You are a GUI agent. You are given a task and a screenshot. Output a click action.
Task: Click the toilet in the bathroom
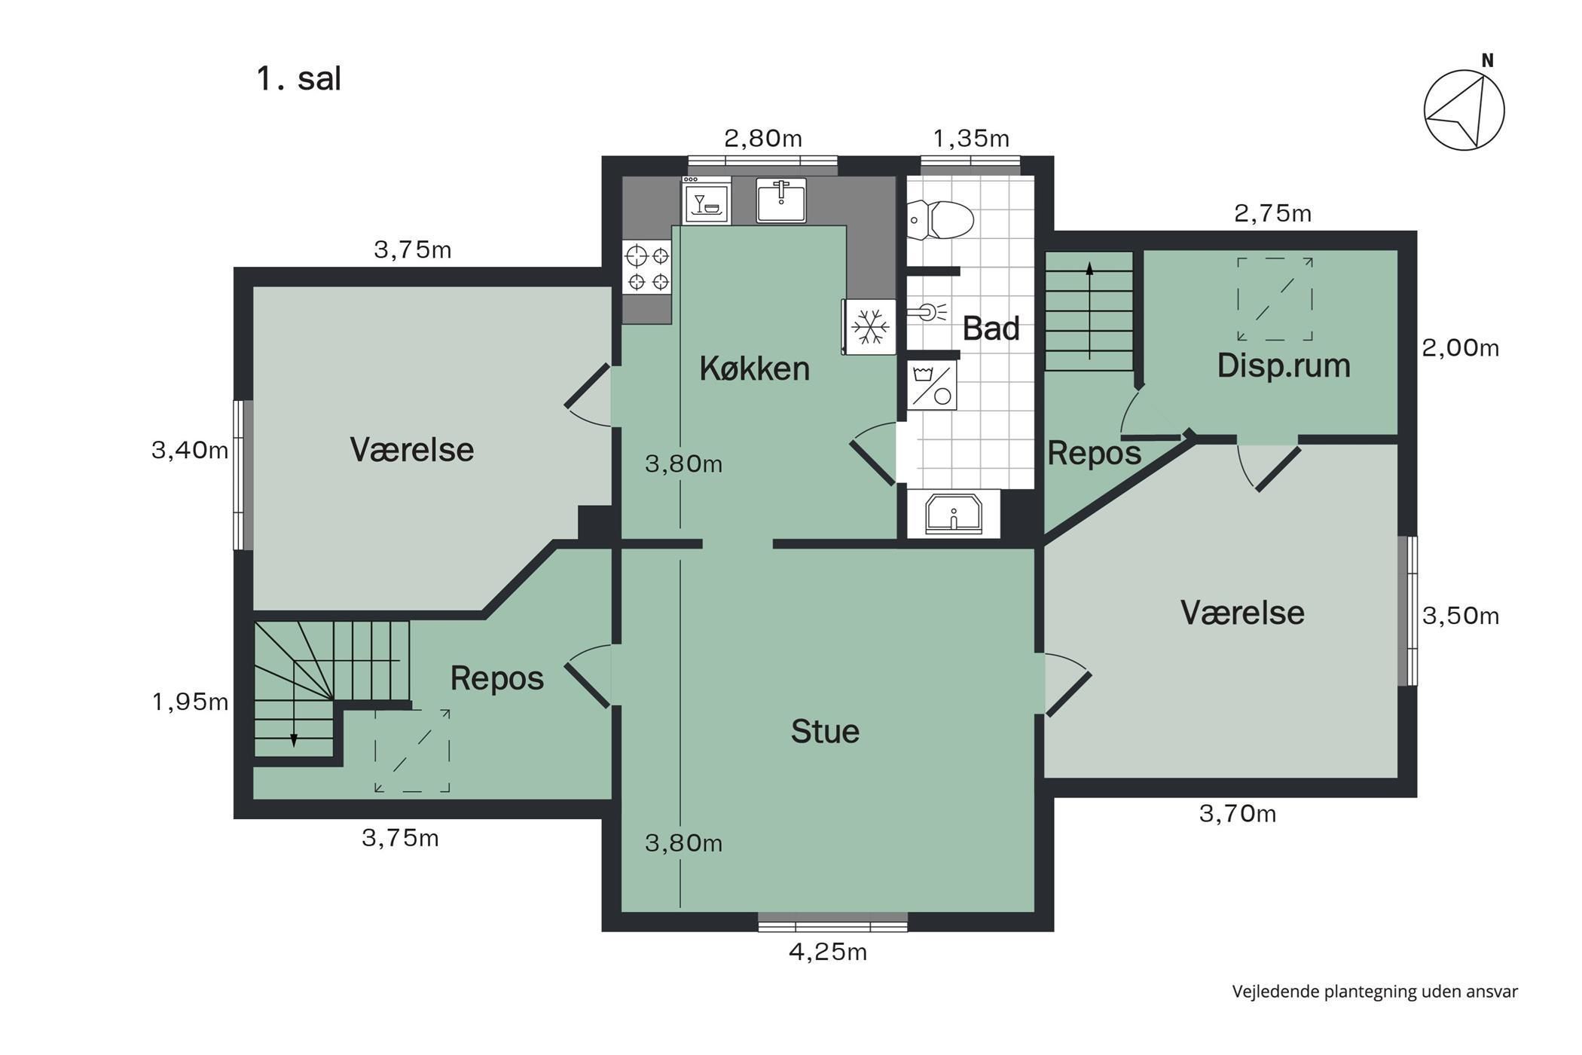pos(940,220)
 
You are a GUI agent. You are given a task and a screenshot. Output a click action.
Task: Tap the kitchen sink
pos(781,200)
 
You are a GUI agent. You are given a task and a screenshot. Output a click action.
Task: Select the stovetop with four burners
pos(648,268)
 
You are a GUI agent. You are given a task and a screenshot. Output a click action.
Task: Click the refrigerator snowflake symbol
pos(870,327)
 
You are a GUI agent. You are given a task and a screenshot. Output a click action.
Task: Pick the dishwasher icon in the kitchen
pos(707,201)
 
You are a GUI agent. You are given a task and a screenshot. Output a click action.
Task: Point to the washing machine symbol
pos(932,385)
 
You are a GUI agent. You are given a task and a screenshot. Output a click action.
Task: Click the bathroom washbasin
pos(954,513)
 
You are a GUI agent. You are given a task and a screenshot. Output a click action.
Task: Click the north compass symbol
pos(1464,108)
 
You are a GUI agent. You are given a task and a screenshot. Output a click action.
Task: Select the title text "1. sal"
pos(299,78)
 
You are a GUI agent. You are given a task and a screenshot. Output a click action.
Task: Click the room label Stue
pos(825,731)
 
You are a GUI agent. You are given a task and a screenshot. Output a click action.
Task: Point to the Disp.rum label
pos(1284,365)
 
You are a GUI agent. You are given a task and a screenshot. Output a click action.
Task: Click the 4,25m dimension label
pos(828,952)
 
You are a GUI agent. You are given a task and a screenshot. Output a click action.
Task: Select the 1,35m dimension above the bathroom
pos(971,139)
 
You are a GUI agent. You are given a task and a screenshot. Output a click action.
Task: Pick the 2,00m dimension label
pos(1460,348)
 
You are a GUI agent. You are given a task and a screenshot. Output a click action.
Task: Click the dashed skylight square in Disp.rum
pos(1275,299)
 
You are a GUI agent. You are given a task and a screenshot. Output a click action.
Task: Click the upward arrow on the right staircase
pos(1089,310)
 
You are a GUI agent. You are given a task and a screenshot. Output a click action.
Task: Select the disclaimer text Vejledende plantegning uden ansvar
pos(1375,992)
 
